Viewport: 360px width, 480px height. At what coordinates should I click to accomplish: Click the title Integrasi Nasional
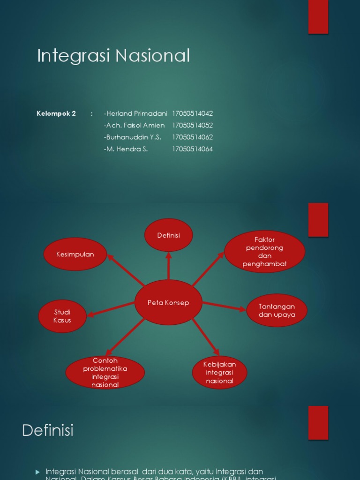pos(113,56)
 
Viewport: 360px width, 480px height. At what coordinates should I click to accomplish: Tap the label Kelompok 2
pos(56,113)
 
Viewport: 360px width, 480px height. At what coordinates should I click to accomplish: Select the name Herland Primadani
pos(135,113)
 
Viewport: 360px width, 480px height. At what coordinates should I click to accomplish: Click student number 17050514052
pos(192,125)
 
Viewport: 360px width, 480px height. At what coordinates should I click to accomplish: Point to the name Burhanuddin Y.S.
pos(133,137)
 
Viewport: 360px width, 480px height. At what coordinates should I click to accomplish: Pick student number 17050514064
pos(192,149)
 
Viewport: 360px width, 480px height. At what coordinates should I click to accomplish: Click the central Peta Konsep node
pos(168,303)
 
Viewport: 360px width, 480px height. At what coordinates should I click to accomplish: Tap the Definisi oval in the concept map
pos(168,235)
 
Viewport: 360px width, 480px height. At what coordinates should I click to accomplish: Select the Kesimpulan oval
pos(75,254)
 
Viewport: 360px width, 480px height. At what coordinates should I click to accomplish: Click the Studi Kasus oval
pos(62,316)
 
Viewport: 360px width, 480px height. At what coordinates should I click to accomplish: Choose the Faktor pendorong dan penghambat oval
pos(264,252)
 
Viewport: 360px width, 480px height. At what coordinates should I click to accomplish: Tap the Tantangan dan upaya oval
pos(277,310)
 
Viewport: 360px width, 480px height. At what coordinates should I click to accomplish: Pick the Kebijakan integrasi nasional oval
pos(219,373)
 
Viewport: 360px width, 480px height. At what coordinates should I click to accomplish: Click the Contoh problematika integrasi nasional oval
pos(105,373)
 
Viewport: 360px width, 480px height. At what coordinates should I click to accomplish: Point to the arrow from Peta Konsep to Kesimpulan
pos(126,270)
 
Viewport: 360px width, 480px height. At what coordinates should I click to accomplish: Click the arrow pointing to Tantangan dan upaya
pos(224,306)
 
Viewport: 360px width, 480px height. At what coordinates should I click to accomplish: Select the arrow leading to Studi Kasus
pos(112,309)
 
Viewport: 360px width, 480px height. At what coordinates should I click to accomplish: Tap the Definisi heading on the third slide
pos(48,430)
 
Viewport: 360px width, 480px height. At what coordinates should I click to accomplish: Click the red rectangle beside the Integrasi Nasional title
pos(318,17)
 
